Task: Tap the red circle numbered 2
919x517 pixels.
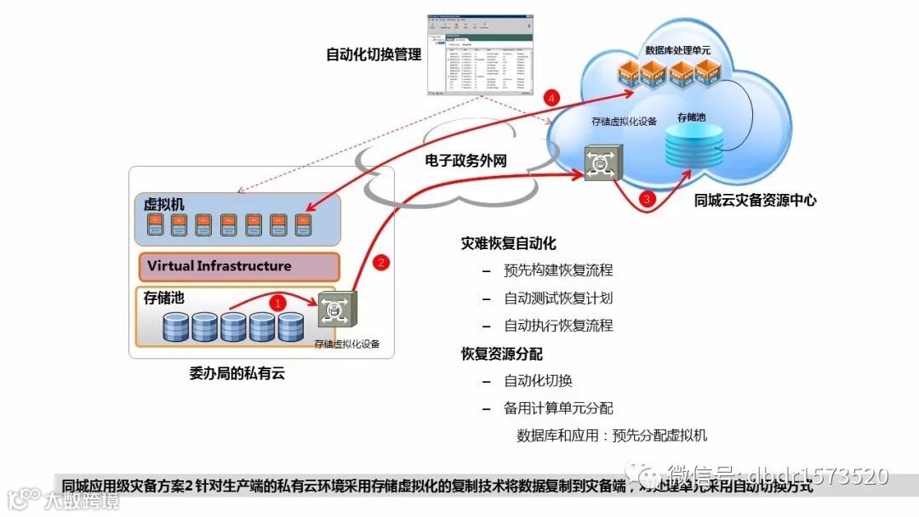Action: point(382,263)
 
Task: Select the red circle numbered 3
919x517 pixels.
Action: point(648,200)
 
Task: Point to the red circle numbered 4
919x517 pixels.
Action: point(553,99)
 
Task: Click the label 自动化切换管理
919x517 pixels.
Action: point(374,54)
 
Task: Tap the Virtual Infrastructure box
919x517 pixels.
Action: point(239,267)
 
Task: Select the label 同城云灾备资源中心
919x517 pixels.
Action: point(755,201)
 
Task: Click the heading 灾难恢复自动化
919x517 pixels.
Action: point(508,243)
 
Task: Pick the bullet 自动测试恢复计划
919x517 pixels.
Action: point(558,298)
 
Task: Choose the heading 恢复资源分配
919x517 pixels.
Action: point(501,353)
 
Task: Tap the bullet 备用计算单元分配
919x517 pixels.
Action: point(558,408)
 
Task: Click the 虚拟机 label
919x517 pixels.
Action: point(163,204)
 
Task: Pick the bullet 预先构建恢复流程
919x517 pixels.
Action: point(558,270)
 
